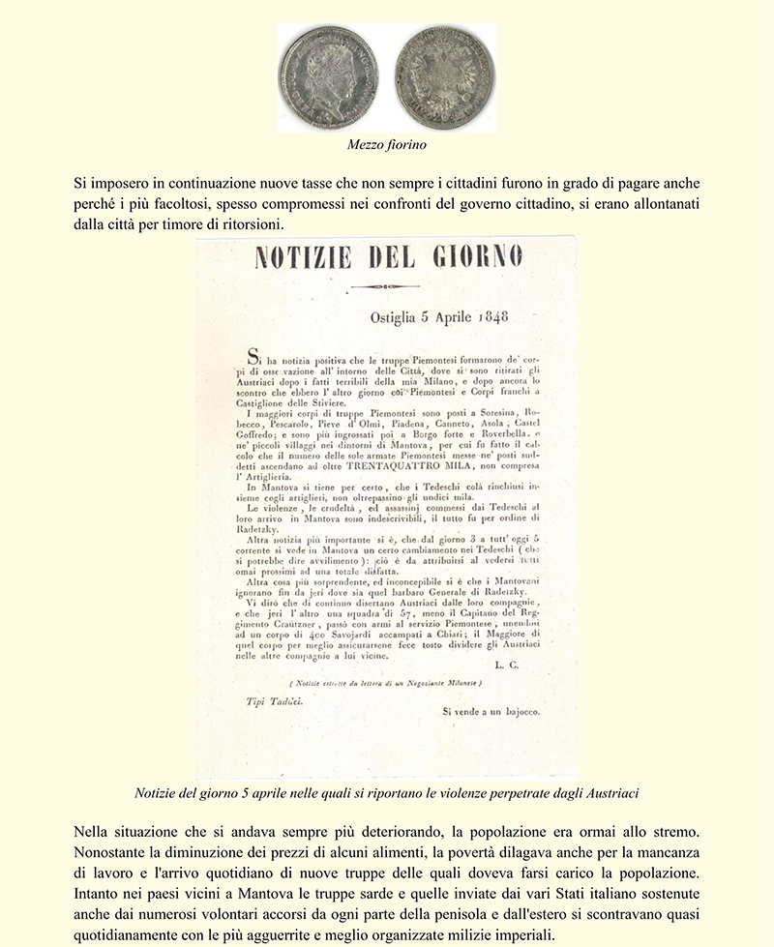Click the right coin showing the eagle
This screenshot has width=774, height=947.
coord(444,77)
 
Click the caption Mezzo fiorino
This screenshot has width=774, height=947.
coord(387,145)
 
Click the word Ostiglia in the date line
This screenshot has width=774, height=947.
coord(399,316)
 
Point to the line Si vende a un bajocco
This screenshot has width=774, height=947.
coord(491,711)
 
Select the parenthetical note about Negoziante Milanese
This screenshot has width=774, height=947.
coord(385,684)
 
